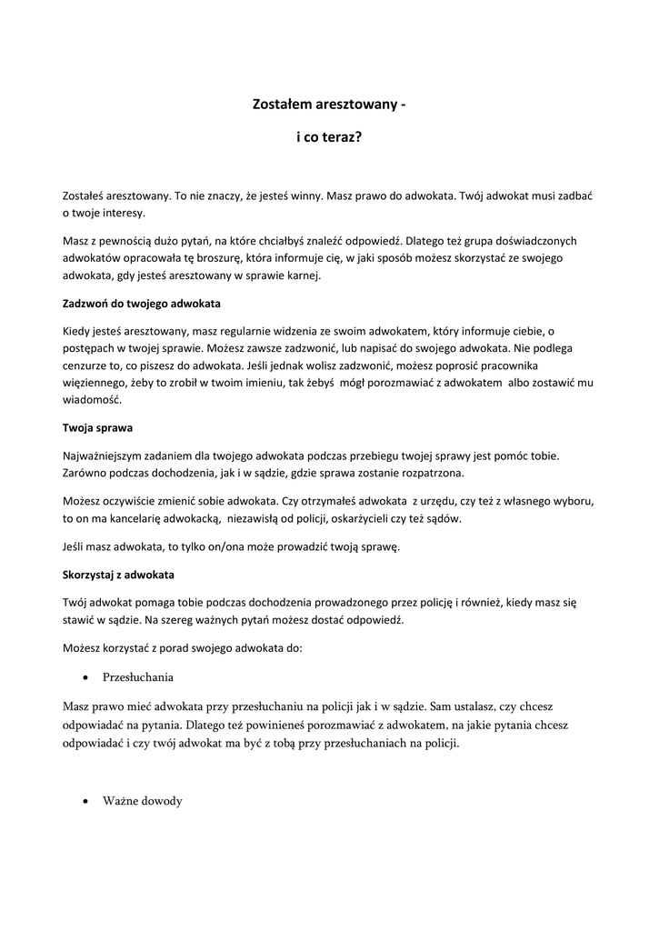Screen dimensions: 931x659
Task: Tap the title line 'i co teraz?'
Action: point(329,140)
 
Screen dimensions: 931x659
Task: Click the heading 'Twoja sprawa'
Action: point(98,426)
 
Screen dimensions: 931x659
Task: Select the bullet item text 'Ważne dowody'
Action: point(143,801)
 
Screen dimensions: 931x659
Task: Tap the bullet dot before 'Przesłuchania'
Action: point(85,678)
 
